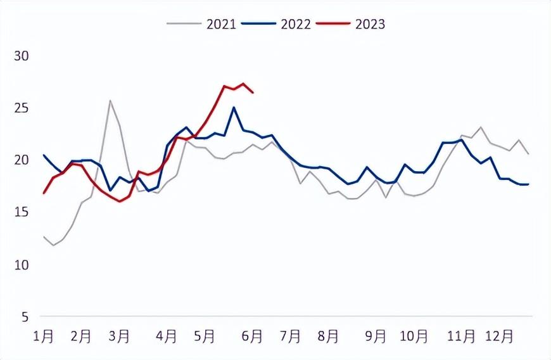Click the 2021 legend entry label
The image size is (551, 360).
(x=221, y=24)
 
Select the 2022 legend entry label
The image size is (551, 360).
(x=296, y=24)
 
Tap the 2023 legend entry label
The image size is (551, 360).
(x=370, y=24)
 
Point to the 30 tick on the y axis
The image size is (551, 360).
(x=22, y=56)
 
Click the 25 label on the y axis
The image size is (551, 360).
(x=22, y=108)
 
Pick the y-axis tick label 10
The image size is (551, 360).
(x=22, y=265)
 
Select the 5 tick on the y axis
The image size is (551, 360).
(x=25, y=317)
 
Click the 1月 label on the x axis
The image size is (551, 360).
(x=43, y=337)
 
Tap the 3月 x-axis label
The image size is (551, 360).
(x=119, y=337)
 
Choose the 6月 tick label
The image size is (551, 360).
(x=252, y=337)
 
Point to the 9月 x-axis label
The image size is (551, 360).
(x=376, y=337)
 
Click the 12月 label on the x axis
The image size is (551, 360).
(x=499, y=337)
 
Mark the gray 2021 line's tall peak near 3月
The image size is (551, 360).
(x=110, y=101)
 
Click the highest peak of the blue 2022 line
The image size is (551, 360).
(x=234, y=107)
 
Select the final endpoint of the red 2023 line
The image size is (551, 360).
(x=253, y=93)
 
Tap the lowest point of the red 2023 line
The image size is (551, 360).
(x=120, y=202)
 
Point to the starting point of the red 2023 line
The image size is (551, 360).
(x=44, y=193)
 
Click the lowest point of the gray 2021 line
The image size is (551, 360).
(x=53, y=245)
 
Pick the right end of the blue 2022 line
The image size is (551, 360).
(x=528, y=184)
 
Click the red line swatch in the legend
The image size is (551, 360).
(x=333, y=23)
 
